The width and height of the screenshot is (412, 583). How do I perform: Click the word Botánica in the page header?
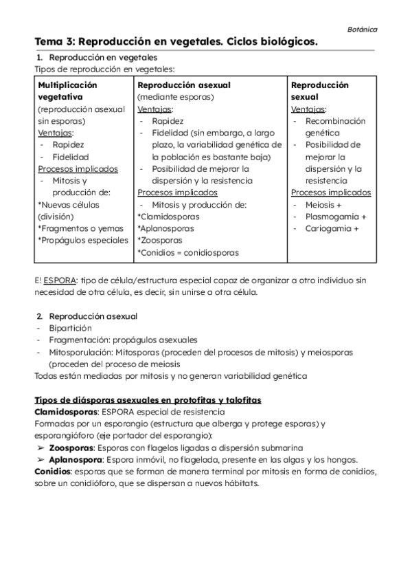click(x=362, y=30)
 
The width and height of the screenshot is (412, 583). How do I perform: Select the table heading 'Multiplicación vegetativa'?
click(x=67, y=91)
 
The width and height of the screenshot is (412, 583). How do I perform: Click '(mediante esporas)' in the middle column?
click(x=175, y=97)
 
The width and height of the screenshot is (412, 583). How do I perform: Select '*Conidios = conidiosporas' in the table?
click(x=188, y=252)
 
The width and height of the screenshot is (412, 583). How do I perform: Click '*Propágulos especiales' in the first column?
click(x=82, y=240)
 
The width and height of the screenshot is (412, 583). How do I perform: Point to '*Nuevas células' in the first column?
click(x=68, y=204)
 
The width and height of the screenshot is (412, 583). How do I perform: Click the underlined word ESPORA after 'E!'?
click(x=60, y=280)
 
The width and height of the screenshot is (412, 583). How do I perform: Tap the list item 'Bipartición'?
click(x=70, y=328)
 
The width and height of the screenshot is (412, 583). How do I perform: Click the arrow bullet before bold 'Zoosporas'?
click(x=41, y=448)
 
